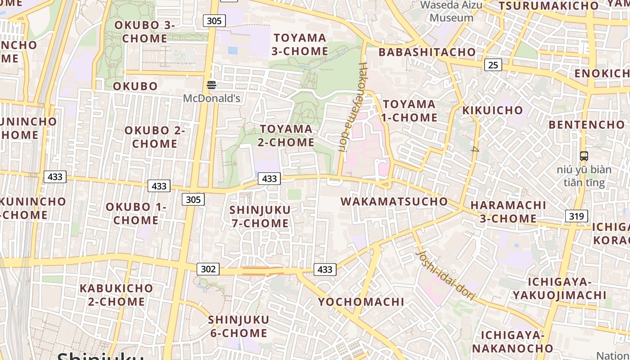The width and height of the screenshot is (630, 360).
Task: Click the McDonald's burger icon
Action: (211, 85)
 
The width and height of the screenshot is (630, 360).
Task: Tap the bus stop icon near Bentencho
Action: (584, 156)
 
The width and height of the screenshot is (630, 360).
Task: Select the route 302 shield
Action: (208, 269)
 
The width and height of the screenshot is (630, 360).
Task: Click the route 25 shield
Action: (493, 65)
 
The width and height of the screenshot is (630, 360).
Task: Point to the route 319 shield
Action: (576, 216)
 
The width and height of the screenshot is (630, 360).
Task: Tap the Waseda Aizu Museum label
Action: (451, 12)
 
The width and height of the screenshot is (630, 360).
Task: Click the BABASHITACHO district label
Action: (427, 52)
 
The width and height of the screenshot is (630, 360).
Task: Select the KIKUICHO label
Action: (493, 111)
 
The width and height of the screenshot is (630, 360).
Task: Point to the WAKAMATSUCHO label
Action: (394, 202)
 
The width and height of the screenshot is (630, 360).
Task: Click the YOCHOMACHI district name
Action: (361, 301)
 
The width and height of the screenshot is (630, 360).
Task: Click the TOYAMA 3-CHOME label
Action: (300, 45)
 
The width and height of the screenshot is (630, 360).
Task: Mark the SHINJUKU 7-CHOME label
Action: (260, 216)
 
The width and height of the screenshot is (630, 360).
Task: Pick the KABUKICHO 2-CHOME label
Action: (116, 295)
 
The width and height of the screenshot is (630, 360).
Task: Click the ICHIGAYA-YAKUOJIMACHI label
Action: (560, 288)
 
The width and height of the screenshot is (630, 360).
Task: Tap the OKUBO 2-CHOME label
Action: (155, 137)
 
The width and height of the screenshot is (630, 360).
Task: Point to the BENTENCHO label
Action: (587, 125)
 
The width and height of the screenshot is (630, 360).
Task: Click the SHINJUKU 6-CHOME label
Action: (238, 327)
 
